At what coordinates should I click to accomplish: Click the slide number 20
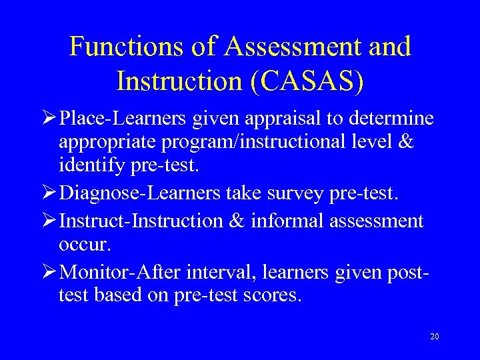pos(434,337)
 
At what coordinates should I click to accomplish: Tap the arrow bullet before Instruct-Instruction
pos(49,221)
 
